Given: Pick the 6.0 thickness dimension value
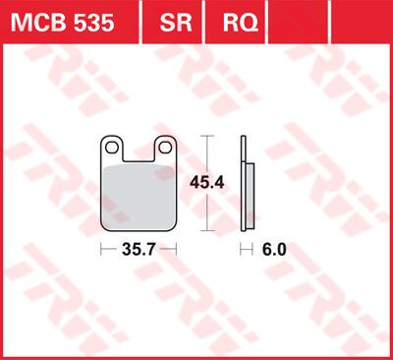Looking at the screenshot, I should pos(274,251).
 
